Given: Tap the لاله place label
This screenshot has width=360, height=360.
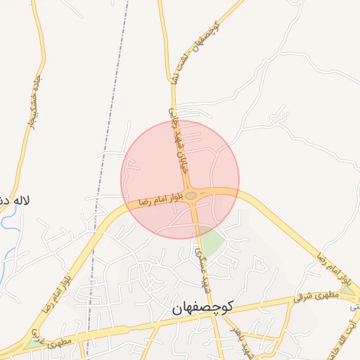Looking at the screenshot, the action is pyautogui.click(x=16, y=200).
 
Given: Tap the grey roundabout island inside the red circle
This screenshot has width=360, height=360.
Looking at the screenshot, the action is pyautogui.click(x=191, y=196).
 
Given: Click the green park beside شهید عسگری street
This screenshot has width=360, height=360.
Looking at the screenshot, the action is pyautogui.click(x=212, y=243).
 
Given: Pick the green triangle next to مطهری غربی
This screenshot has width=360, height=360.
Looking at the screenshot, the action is pyautogui.click(x=32, y=345).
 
